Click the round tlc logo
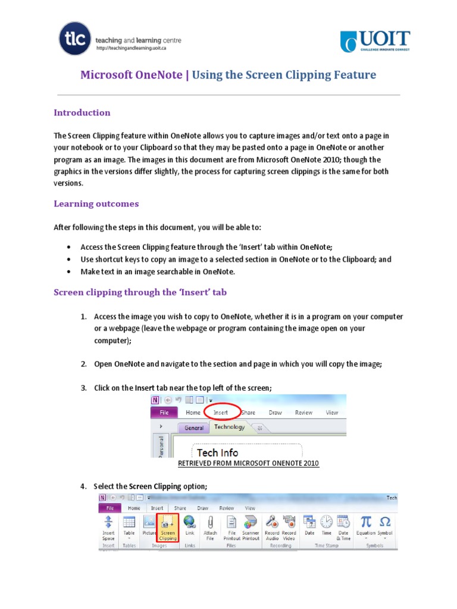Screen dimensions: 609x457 [75, 39]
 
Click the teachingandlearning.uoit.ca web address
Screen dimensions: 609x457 [130, 49]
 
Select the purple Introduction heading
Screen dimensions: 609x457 [82, 112]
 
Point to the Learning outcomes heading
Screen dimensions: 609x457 [96, 203]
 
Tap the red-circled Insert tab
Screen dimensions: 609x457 [221, 412]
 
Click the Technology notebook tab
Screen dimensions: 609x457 [229, 427]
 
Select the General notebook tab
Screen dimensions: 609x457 [194, 428]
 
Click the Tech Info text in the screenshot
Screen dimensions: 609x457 [218, 452]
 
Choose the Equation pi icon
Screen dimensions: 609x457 [366, 522]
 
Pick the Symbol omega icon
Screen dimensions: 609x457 [385, 522]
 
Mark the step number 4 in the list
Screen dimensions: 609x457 [83, 486]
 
